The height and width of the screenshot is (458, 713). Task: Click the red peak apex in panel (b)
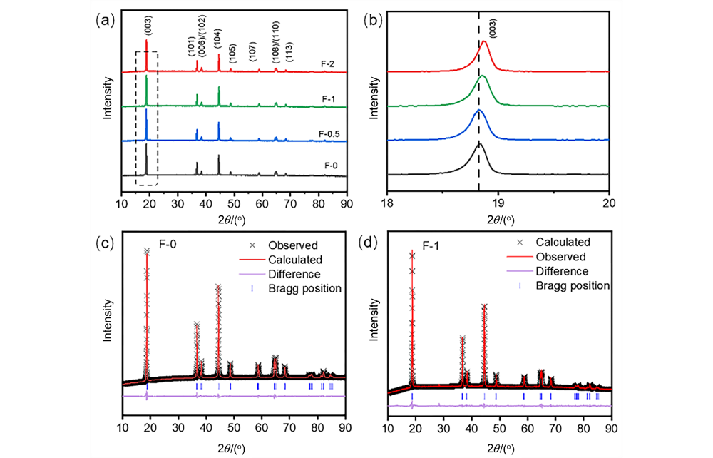point(484,41)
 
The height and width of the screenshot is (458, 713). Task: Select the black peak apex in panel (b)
point(479,143)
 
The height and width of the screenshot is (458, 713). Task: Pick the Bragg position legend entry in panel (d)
point(573,285)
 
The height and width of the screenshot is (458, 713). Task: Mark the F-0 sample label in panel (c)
point(168,244)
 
